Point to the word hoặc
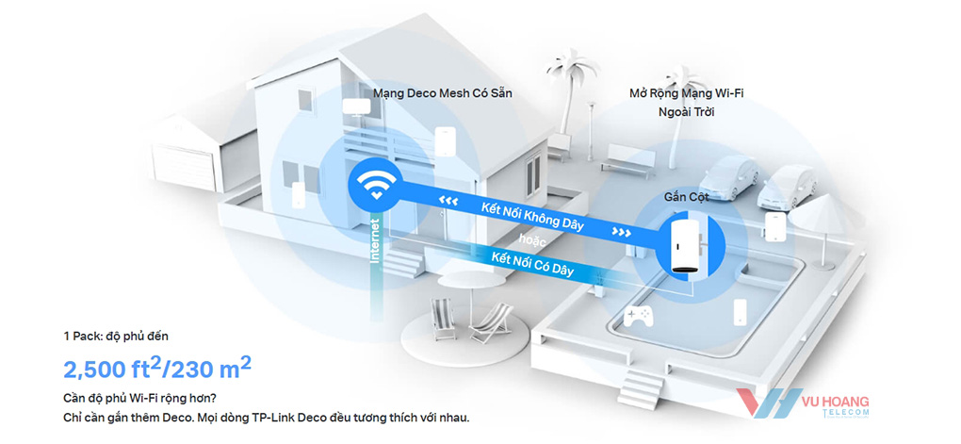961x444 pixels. coord(508,240)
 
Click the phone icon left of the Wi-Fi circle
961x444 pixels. coord(299,194)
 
